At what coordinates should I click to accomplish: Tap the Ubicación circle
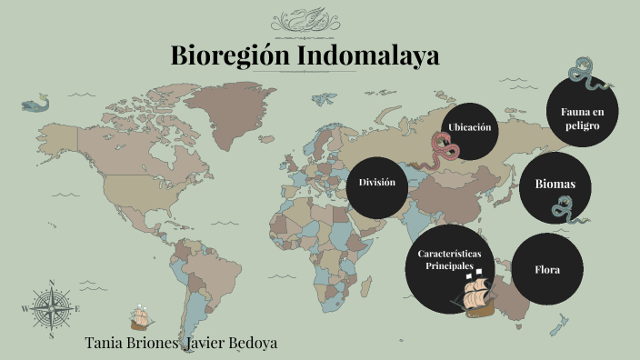(470, 127)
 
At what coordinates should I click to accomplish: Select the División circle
(377, 183)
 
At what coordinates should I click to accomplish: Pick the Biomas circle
(555, 185)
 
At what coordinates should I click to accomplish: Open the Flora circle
(547, 270)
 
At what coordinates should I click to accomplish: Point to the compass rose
(52, 308)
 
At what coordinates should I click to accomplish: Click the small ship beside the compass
(140, 315)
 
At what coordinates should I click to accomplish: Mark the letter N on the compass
(52, 283)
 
